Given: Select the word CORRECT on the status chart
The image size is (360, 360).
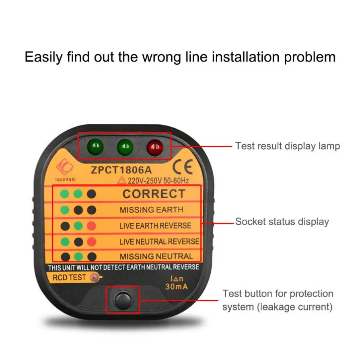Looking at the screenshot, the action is (x=154, y=194).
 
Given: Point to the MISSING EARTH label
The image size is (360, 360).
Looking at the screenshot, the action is (x=151, y=210).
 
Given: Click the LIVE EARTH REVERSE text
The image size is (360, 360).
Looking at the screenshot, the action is (x=155, y=226).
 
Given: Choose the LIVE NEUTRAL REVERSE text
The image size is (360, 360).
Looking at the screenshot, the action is (x=159, y=241).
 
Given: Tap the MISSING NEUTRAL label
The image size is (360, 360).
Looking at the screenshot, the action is (x=156, y=256).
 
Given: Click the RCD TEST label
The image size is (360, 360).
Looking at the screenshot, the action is (x=69, y=277).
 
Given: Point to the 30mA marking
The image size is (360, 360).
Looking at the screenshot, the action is (x=177, y=286).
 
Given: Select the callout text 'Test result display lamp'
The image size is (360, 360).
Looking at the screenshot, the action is (x=288, y=146).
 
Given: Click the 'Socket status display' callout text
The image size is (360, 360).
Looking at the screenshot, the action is (x=282, y=222).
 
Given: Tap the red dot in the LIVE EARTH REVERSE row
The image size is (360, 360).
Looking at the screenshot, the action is (x=92, y=225).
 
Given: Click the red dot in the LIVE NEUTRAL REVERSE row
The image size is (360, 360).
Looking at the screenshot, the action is (x=92, y=241).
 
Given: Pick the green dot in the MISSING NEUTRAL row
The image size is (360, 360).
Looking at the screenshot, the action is (x=78, y=257).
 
